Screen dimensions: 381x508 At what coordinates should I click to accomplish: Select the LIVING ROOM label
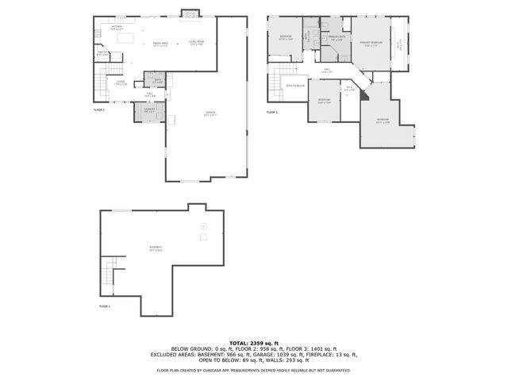(x=196, y=43)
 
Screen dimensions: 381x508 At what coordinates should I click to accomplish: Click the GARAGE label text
(x=210, y=114)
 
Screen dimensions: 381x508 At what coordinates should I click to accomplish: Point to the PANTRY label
(x=102, y=54)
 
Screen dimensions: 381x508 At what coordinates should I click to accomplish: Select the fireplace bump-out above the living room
(x=190, y=13)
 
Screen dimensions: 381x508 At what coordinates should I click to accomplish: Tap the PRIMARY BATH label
(x=336, y=38)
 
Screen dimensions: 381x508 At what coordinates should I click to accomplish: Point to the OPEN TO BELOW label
(x=295, y=86)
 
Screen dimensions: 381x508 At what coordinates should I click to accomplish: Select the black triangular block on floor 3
(x=364, y=94)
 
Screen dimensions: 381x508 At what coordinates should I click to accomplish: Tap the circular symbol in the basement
(x=202, y=226)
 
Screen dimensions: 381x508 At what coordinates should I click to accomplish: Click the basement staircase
(x=108, y=278)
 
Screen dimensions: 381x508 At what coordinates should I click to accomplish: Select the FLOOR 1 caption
(x=105, y=306)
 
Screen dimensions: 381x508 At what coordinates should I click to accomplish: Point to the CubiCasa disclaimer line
(x=253, y=369)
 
